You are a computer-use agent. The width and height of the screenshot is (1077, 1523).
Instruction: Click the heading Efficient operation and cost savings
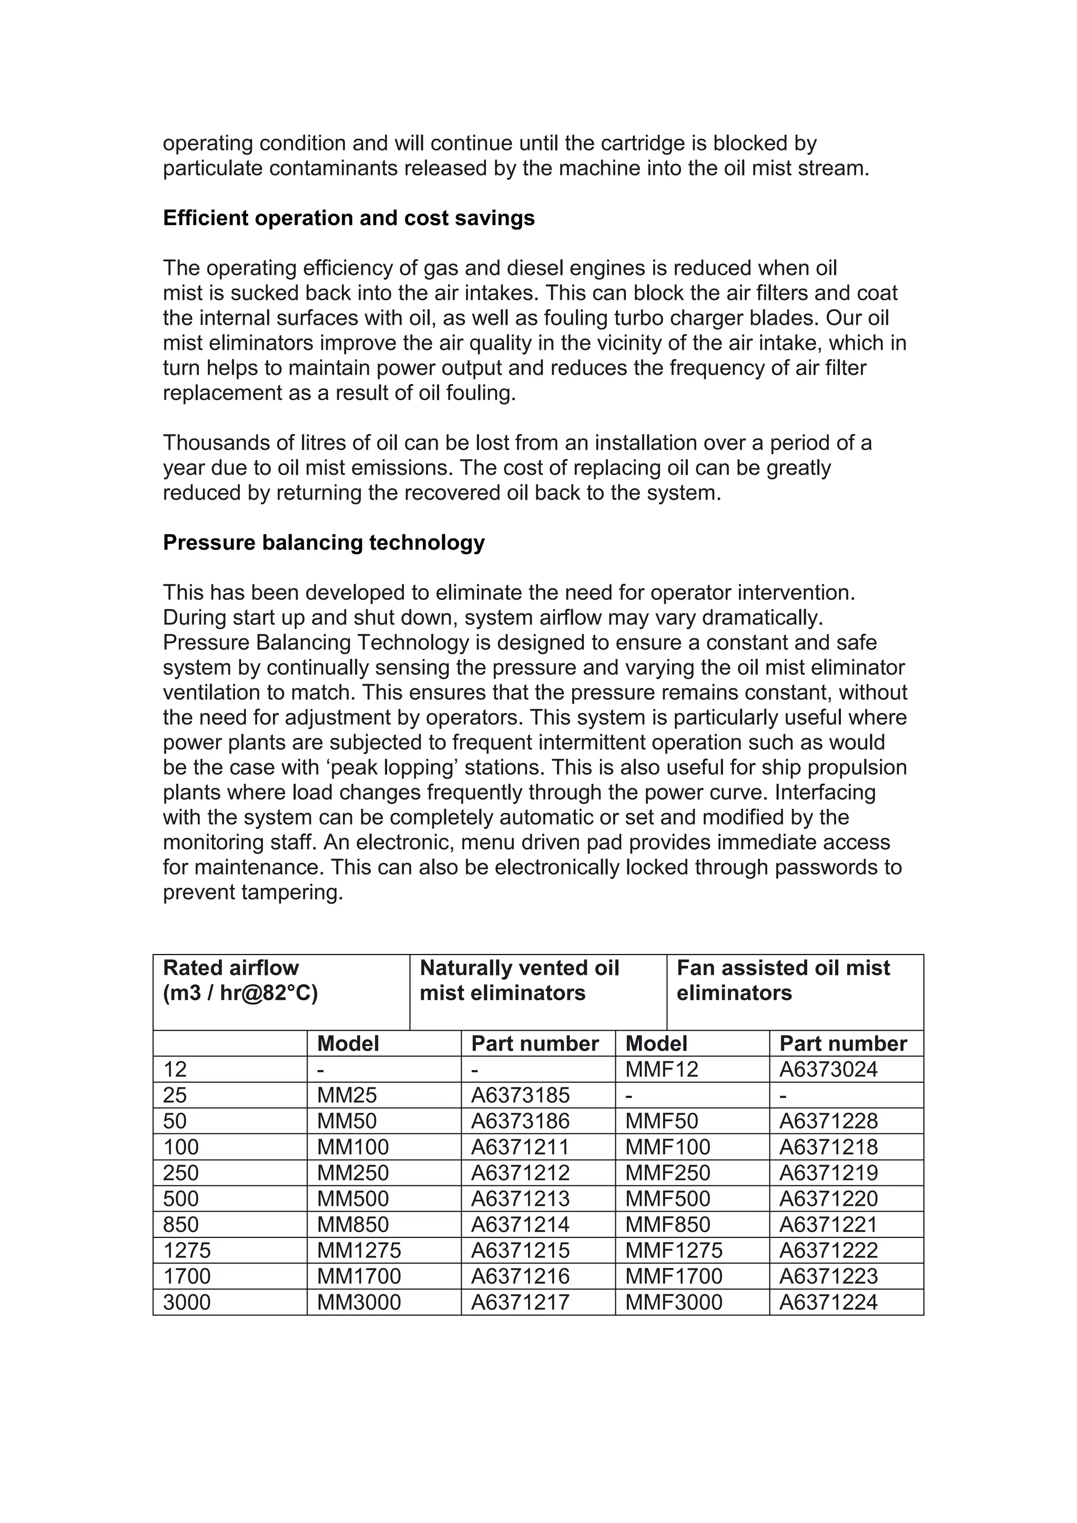[348, 218]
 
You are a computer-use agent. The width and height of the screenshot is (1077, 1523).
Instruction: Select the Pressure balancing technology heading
[323, 543]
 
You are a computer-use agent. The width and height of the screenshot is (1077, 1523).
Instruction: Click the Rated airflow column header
[240, 980]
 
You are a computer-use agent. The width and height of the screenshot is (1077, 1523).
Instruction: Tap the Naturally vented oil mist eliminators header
[519, 980]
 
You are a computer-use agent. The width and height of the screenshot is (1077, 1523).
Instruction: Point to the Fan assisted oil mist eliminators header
[783, 980]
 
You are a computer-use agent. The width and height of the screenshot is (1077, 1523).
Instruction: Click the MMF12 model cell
[661, 1069]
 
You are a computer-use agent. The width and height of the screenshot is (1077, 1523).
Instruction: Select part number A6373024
[828, 1069]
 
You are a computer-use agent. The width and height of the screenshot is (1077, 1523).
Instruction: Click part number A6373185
[520, 1095]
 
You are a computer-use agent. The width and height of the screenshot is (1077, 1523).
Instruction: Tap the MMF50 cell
[661, 1121]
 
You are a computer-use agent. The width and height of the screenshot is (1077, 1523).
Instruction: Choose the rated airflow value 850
[180, 1224]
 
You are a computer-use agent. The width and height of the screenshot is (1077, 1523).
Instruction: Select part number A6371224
[828, 1302]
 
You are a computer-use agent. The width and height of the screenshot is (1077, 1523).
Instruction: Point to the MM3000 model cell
[359, 1302]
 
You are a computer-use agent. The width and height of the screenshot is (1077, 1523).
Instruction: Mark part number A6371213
[520, 1199]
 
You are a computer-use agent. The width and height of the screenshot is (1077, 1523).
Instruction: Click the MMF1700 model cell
[674, 1276]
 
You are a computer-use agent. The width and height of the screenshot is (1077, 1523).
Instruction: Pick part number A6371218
[828, 1147]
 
